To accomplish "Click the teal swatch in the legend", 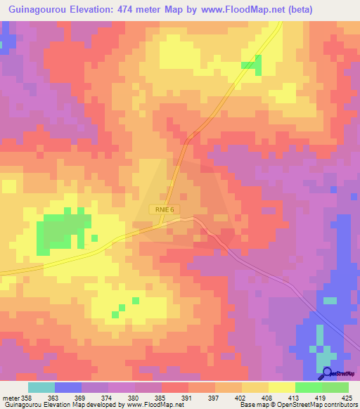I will tap(41, 387).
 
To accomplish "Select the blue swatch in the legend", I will tap(68, 387).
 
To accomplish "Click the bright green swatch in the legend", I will tap(309, 387).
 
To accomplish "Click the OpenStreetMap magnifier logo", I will tap(328, 373).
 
